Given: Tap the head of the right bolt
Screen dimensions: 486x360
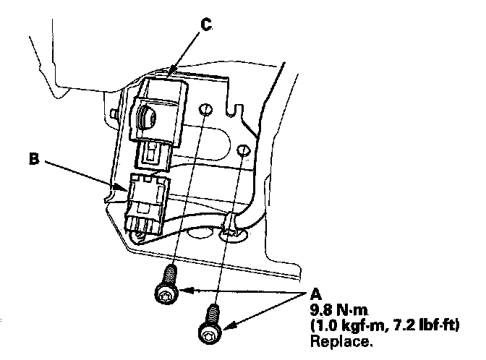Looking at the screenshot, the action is (208, 332).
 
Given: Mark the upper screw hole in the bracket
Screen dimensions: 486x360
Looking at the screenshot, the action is (205, 111).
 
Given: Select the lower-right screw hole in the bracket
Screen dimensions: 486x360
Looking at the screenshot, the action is (242, 151).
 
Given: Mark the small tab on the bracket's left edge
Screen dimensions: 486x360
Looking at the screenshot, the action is (116, 114).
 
